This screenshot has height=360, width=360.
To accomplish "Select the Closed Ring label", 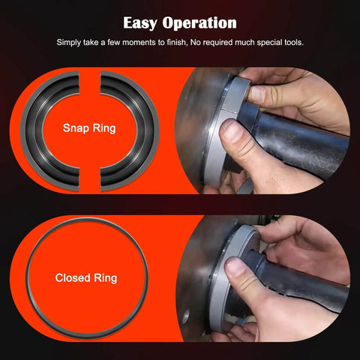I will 86,278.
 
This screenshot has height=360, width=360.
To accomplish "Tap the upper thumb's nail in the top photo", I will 257,94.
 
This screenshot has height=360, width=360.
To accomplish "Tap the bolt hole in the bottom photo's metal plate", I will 185,317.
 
